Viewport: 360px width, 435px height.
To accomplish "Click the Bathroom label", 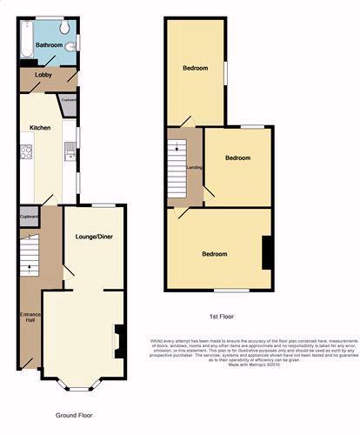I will (49, 45).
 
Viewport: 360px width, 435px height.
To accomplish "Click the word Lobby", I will (43, 76).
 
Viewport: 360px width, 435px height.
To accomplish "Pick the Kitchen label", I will (40, 128).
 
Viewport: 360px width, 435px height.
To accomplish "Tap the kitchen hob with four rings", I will (26, 153).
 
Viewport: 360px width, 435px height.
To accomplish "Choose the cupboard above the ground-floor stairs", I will (28, 216).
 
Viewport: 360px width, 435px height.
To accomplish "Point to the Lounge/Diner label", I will (93, 237).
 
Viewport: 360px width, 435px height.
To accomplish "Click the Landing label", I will (195, 168).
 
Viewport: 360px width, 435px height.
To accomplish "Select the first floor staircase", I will (177, 161).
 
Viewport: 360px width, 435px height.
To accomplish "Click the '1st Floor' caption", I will (221, 317).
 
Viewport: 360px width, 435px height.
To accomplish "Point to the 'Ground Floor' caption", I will (74, 416).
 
